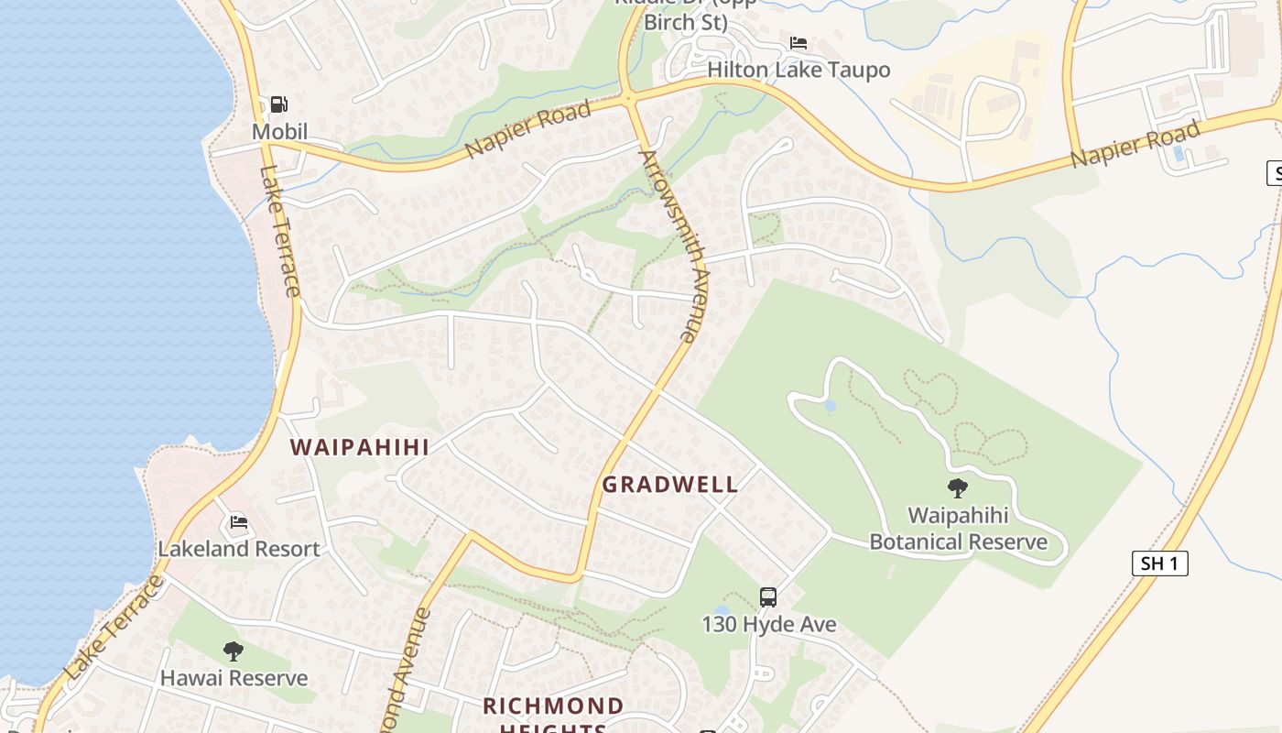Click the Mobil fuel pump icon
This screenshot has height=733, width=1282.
coord(279,104)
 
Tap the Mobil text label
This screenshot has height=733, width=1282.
coord(279,132)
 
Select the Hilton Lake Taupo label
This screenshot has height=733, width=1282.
coord(799,70)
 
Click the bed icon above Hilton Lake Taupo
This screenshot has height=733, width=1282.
coord(799,43)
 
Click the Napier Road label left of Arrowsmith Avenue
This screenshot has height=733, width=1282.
coord(528,130)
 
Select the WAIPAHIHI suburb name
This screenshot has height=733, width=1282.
coord(360,447)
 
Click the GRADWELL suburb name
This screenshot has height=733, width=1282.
coord(670,485)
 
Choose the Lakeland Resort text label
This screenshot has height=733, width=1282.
coord(239,549)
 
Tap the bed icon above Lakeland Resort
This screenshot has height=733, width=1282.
coord(239,522)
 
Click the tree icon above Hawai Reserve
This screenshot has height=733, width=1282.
coord(234,651)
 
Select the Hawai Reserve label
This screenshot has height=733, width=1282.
coord(234,679)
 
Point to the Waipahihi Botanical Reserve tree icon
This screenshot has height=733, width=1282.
coord(958,488)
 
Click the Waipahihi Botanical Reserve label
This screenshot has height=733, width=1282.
coord(958,529)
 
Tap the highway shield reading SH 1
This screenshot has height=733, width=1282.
coord(1159,563)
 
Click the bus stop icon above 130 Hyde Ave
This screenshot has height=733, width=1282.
coord(768,597)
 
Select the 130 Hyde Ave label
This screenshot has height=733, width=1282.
coord(768,625)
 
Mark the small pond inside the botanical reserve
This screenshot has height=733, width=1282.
coord(830,405)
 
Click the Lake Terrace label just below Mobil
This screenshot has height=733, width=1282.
coord(280,231)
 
